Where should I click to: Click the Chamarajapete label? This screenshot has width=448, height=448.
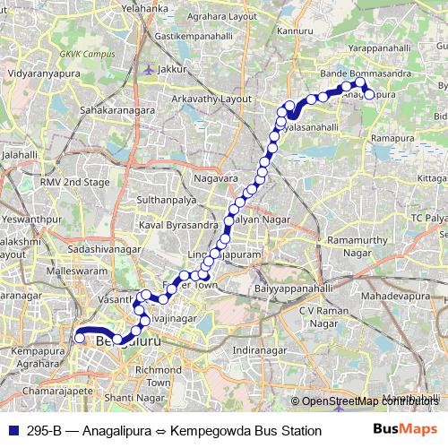(x=44, y=392)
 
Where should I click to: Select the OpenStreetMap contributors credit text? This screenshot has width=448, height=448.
(x=366, y=402)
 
